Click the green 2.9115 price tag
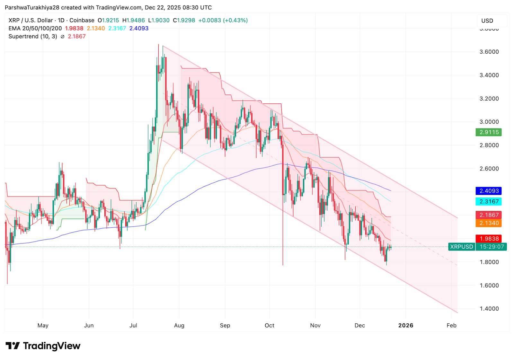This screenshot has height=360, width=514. [x=489, y=132]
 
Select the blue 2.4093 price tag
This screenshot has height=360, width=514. [x=489, y=191]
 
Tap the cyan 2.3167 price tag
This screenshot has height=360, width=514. [x=489, y=202]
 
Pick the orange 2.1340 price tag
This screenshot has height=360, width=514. [x=489, y=223]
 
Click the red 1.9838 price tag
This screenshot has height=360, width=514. [x=489, y=239]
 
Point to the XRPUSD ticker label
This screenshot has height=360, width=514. [x=462, y=247]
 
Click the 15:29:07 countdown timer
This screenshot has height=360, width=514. [x=492, y=247]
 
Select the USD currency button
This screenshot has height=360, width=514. [x=487, y=21]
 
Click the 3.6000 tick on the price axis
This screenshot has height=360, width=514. [x=489, y=52]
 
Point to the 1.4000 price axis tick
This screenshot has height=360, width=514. [x=489, y=309]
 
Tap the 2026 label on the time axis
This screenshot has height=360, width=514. [x=406, y=326]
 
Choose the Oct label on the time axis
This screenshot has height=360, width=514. [x=270, y=326]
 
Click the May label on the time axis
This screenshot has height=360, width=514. [x=43, y=326]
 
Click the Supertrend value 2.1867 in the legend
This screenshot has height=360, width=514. [x=77, y=37]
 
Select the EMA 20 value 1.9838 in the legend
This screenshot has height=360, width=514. [x=74, y=29]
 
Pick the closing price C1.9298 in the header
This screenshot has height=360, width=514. [x=184, y=21]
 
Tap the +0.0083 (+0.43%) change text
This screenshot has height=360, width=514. [x=223, y=21]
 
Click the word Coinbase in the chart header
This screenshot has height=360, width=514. [x=82, y=21]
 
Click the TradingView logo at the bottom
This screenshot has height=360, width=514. [x=43, y=346]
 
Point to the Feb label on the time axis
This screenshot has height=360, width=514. [x=451, y=326]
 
